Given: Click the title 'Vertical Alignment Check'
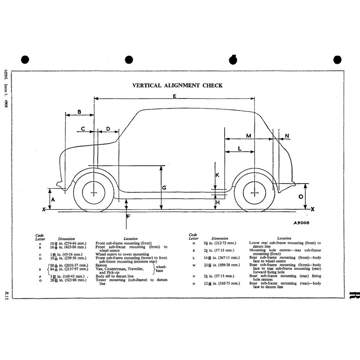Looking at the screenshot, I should click(x=177, y=85).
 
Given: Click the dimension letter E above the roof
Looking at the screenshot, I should click(x=175, y=96).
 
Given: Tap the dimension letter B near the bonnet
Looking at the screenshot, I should click(x=79, y=112).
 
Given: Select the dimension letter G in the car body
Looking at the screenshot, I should click(x=164, y=188).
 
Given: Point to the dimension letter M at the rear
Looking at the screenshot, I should click(x=249, y=136).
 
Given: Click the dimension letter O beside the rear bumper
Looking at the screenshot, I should click(x=301, y=197).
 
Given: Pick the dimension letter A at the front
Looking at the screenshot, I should click(x=53, y=199).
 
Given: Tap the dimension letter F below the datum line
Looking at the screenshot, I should click(x=128, y=216).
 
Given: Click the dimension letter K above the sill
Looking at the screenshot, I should click(x=217, y=175).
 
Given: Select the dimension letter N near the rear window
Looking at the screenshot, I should click(x=287, y=136).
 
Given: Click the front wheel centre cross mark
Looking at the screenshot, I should click(x=94, y=193).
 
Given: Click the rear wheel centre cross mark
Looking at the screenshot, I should click(x=254, y=193).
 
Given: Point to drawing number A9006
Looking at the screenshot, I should click(x=301, y=223).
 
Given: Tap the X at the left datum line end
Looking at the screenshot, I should click(x=44, y=210).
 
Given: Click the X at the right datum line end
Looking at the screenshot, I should click(x=313, y=209).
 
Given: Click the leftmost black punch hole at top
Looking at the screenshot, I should click(x=25, y=60).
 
